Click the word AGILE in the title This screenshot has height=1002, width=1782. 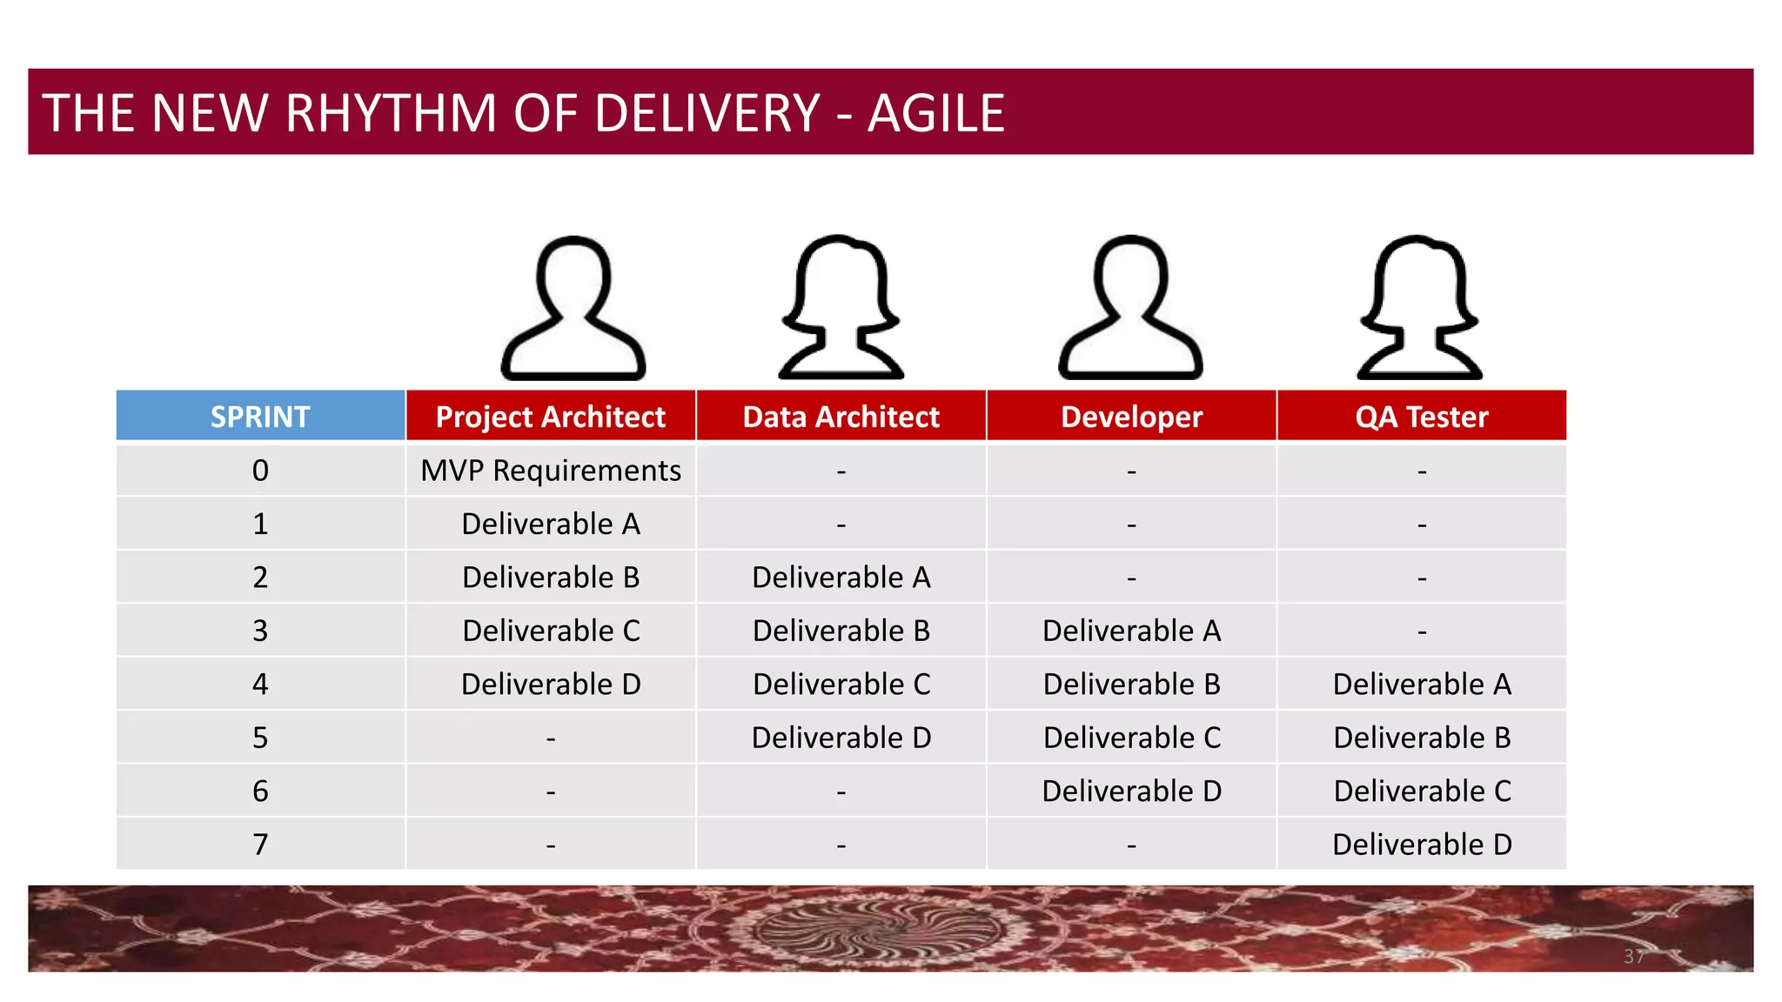[x=935, y=113]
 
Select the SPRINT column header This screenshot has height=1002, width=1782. [x=260, y=417]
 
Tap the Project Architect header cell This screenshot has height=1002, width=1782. [x=550, y=417]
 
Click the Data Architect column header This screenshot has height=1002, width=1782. [x=841, y=417]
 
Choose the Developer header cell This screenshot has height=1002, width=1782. [x=1131, y=417]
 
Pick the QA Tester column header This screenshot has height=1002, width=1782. [x=1421, y=417]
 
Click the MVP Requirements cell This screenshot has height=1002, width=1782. [x=550, y=471]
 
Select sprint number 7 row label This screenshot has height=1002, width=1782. [x=260, y=845]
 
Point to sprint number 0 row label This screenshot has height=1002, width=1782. [x=260, y=471]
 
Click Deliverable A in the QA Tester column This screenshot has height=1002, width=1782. [x=1422, y=685]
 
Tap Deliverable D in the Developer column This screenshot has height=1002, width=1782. [x=1131, y=792]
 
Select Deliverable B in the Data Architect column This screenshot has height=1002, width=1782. [x=841, y=631]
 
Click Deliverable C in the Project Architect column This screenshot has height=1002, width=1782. [x=550, y=631]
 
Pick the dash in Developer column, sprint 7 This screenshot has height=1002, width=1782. [x=1131, y=845]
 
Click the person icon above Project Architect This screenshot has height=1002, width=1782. [x=573, y=309]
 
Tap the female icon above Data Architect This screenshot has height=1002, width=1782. [x=841, y=309]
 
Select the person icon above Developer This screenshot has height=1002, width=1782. [x=1130, y=309]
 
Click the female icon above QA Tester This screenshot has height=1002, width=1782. [x=1419, y=309]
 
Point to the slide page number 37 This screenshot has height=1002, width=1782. [x=1633, y=957]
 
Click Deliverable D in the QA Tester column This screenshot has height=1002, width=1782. [x=1422, y=845]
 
